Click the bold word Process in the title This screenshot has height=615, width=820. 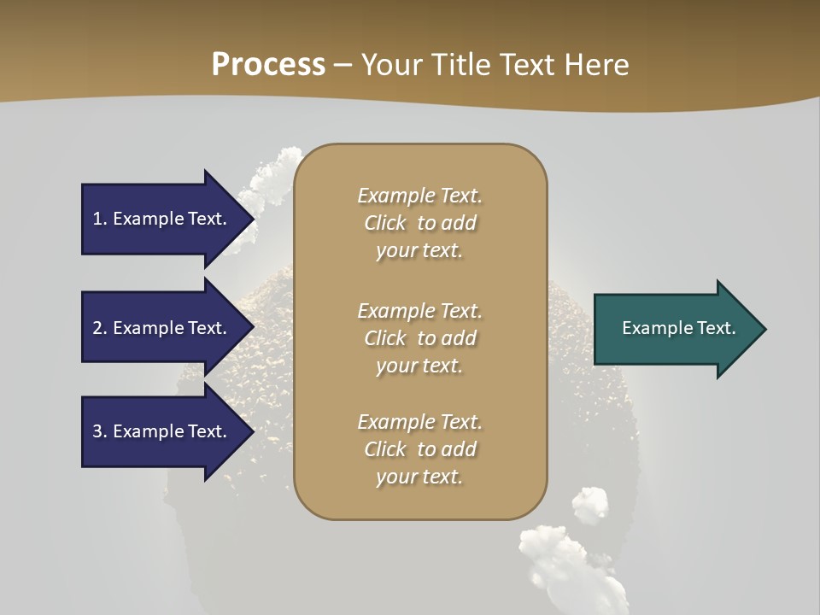click(268, 64)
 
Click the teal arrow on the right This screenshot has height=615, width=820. click(675, 329)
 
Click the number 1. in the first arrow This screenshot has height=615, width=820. click(100, 219)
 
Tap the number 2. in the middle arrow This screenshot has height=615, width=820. click(100, 328)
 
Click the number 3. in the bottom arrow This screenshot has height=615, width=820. click(100, 431)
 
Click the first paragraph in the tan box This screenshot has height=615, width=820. click(419, 223)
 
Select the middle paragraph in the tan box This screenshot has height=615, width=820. click(419, 337)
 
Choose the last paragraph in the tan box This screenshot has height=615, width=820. click(419, 449)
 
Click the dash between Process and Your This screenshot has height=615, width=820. click(343, 65)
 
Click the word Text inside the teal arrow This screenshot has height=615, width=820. click(716, 328)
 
